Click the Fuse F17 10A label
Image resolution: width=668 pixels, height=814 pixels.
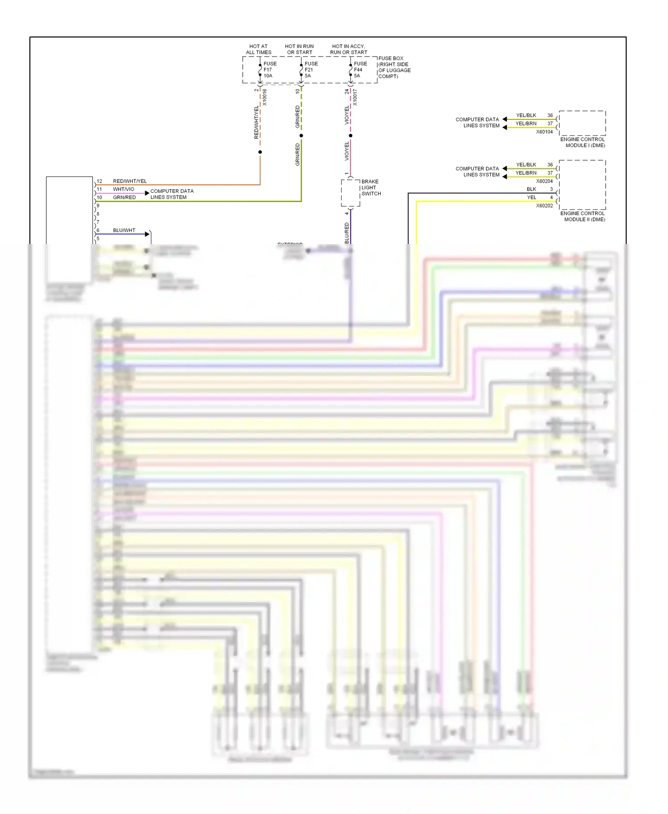(269, 70)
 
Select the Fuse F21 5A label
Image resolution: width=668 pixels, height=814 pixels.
(311, 70)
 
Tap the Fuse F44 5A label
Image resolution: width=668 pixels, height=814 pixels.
(360, 70)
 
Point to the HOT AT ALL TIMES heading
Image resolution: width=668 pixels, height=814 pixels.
(258, 49)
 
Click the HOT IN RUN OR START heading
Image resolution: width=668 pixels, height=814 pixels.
(299, 49)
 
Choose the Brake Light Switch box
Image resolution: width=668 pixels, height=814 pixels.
(350, 193)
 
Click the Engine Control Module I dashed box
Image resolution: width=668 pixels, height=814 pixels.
(582, 123)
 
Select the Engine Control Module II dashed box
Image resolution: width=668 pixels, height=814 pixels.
(582, 185)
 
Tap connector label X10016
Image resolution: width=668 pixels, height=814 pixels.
(265, 97)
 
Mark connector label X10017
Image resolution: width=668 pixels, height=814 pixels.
(355, 97)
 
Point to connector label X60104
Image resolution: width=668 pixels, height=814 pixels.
(544, 132)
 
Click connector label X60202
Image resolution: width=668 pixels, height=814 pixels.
(544, 206)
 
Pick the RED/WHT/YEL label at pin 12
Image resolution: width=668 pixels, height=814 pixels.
(130, 181)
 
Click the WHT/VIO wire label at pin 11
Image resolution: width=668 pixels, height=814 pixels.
(123, 189)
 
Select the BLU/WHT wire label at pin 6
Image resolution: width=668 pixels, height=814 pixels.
(124, 230)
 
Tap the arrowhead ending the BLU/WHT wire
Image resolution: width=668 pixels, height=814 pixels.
(147, 234)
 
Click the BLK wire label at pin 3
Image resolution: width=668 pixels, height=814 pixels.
(531, 189)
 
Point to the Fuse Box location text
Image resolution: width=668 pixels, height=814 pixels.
(394, 67)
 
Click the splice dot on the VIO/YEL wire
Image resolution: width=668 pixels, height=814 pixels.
(350, 135)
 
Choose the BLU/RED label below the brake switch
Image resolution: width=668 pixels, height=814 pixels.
(347, 233)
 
